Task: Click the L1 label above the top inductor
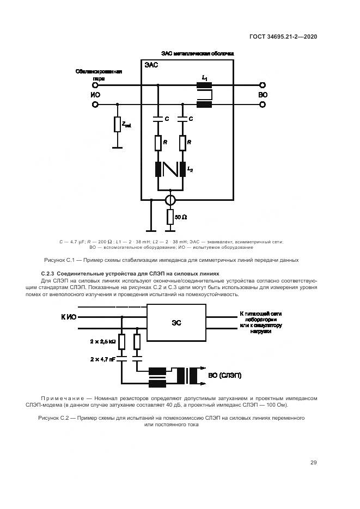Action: pos(205,79)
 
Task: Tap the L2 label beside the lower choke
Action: pos(190,169)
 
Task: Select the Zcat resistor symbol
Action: pos(117,125)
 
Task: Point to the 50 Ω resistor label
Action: pos(181,217)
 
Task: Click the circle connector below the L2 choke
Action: pos(170,200)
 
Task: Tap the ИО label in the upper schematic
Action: pos(95,94)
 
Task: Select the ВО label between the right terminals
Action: pos(263,94)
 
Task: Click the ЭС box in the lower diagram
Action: pos(177,322)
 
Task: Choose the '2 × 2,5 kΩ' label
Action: pos(102,341)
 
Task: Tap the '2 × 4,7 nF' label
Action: pos(102,360)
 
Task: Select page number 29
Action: pos(314,463)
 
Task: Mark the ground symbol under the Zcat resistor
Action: pos(117,146)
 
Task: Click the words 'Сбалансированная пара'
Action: pos(99,75)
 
